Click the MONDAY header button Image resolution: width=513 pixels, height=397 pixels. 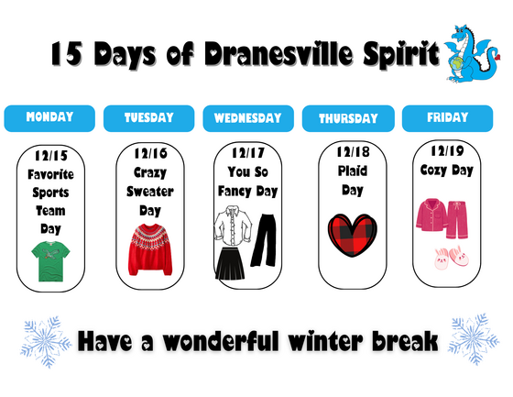pos(49,117)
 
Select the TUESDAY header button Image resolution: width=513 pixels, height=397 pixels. pos(148,118)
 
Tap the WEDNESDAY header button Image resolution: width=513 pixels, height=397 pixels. pos(247,118)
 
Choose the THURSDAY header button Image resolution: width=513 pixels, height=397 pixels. pos(348,119)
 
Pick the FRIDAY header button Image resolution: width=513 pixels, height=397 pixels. pos(448,117)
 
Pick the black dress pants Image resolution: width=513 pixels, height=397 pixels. pos(263,242)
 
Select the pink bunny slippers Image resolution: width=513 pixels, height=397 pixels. pos(450,256)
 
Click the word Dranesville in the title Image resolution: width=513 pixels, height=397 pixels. pos(291,54)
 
